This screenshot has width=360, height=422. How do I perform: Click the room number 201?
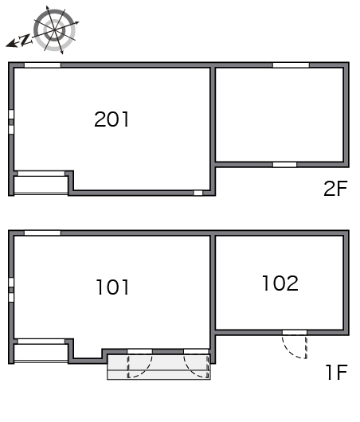click(x=112, y=119)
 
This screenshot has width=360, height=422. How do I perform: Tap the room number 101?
click(x=112, y=287)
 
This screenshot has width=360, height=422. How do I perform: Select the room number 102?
click(x=280, y=283)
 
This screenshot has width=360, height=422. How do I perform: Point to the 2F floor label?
click(x=335, y=189)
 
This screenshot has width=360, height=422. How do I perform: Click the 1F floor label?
click(x=337, y=372)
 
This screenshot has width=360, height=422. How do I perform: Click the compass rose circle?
click(x=54, y=30)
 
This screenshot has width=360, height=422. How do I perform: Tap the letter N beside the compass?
click(x=25, y=40)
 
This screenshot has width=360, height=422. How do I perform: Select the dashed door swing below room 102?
click(x=295, y=346)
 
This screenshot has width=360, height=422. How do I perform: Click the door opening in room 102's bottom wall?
click(x=295, y=332)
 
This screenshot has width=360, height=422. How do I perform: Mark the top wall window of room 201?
click(x=42, y=65)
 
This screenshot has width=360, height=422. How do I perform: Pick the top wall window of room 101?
click(x=42, y=232)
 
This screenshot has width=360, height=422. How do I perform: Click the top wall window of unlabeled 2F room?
click(x=291, y=65)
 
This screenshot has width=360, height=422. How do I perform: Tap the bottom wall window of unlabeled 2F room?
click(x=284, y=165)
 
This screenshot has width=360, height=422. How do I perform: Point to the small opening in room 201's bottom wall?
click(x=198, y=193)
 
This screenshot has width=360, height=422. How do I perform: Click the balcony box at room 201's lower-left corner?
click(x=41, y=185)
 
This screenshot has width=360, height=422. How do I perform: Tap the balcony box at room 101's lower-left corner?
click(x=41, y=353)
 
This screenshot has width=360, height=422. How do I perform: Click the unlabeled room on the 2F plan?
click(x=280, y=115)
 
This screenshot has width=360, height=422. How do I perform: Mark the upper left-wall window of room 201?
click(x=11, y=115)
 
